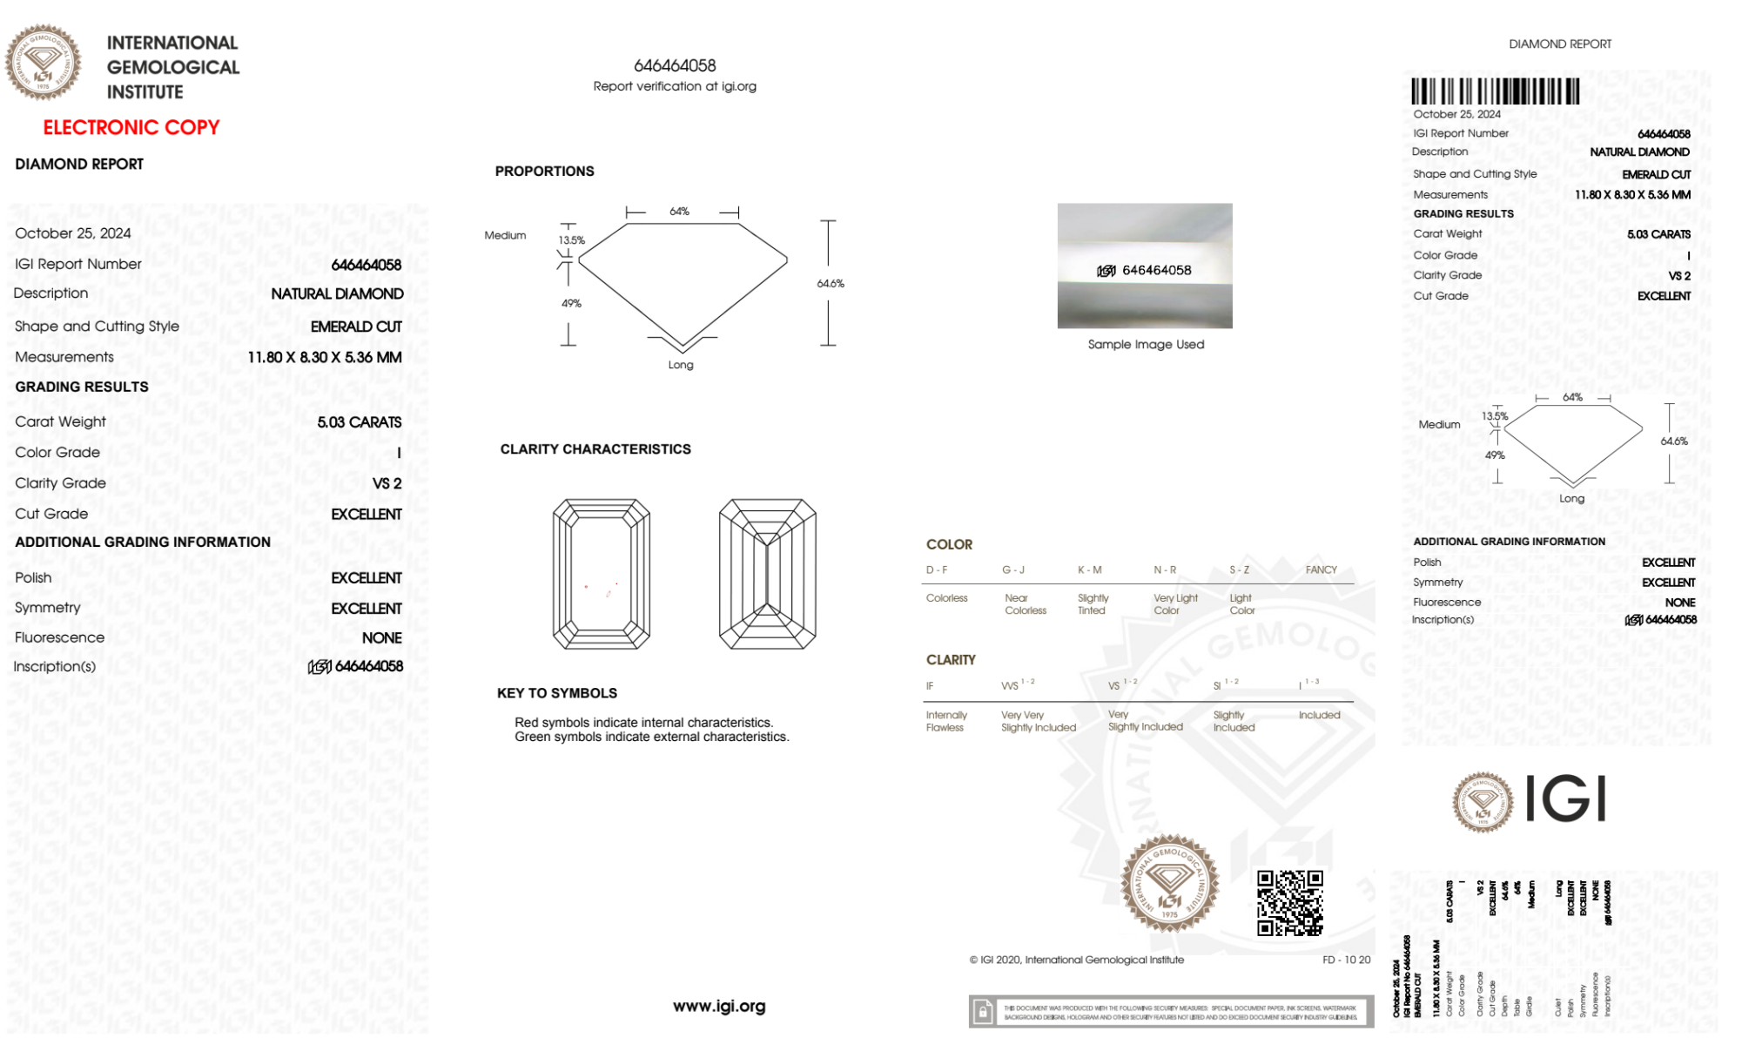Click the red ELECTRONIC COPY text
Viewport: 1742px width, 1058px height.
131,128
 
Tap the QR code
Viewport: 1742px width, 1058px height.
1289,903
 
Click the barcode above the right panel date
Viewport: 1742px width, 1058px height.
1495,91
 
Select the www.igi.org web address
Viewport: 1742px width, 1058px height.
719,1006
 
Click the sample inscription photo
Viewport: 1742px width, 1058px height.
1145,266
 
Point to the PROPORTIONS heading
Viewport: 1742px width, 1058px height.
545,172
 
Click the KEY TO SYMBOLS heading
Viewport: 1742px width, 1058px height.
557,693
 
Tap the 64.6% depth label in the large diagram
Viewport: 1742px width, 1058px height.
831,284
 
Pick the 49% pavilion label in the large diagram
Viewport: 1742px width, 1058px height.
571,303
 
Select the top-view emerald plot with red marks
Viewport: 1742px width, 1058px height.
602,574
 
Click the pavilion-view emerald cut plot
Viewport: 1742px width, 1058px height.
767,574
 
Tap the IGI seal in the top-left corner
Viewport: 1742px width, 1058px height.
43,62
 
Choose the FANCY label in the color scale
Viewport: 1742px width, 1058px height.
1321,569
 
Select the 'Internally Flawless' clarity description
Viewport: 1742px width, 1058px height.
946,721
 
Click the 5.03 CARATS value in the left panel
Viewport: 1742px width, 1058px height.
359,422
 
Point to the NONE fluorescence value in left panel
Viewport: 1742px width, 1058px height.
381,638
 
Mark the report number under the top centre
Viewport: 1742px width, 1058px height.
675,65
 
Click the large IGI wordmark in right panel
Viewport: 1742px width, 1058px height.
1565,799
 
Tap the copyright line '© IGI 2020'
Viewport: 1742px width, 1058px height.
1077,960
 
